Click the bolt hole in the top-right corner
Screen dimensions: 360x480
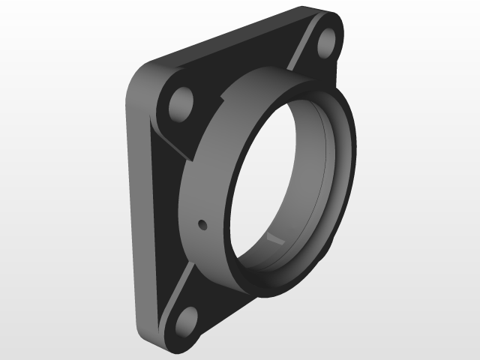tap(326, 43)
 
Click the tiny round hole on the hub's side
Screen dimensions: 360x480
tap(202, 223)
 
